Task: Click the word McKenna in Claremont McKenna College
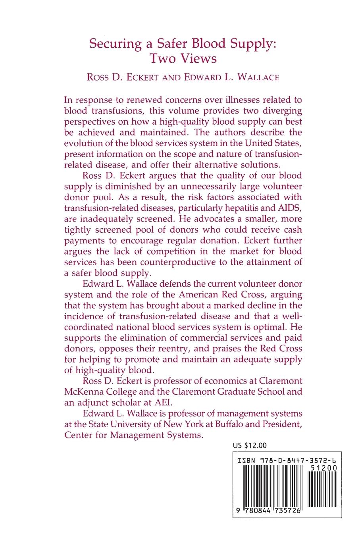pos(82,391)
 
